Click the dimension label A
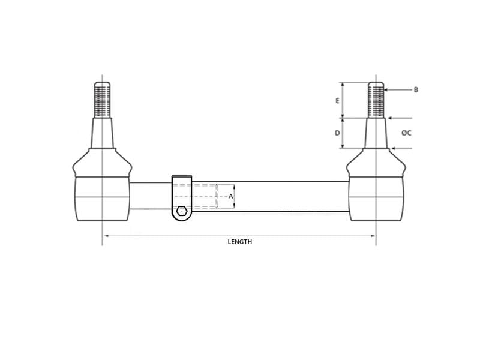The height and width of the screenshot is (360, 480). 231,196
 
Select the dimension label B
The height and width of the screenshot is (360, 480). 416,89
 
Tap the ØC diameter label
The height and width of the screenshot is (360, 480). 407,133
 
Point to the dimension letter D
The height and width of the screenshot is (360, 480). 337,133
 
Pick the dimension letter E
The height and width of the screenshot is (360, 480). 337,100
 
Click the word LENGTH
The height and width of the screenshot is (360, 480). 240,242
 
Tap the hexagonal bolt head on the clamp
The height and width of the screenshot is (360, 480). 182,211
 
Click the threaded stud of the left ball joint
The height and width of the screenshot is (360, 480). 102,100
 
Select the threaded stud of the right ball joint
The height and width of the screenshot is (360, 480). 376,100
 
